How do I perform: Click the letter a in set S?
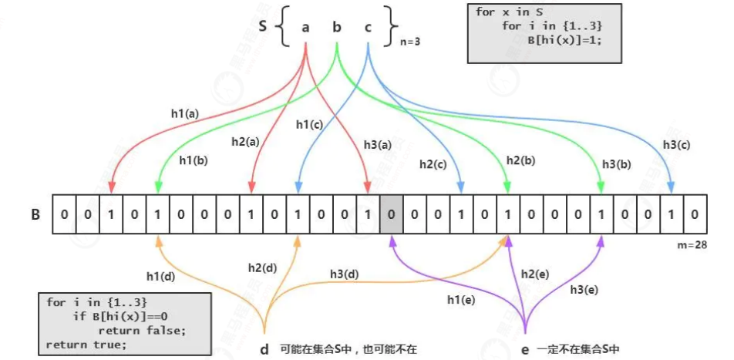coord(306,28)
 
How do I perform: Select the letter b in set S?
coord(337,28)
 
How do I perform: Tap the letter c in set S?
coord(368,28)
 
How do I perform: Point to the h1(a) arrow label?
coord(184,113)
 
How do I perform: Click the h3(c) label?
coord(675,144)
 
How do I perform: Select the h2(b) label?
coord(521,160)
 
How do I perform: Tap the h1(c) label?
coord(308,123)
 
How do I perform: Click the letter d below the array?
coord(264,349)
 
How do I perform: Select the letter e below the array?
coord(525,349)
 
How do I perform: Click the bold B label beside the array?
coord(35,214)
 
